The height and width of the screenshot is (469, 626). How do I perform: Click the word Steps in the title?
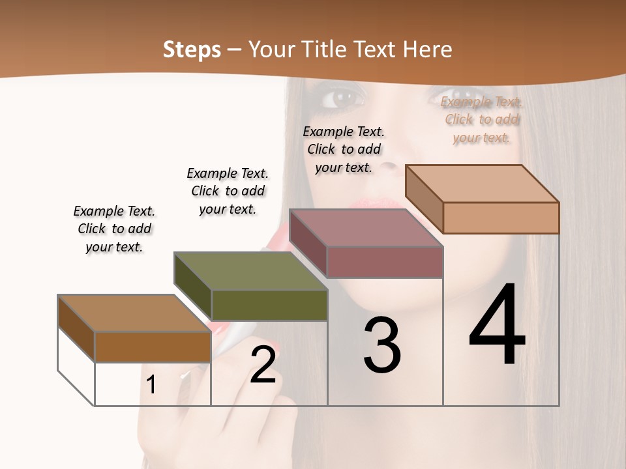tap(192, 50)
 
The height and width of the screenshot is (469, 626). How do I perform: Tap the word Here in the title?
tap(428, 50)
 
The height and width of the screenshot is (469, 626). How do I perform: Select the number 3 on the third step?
tap(381, 345)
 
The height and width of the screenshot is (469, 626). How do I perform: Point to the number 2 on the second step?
tap(263, 365)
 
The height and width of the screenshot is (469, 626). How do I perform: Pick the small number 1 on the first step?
tap(151, 385)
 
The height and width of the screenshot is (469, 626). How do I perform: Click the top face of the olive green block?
tap(251, 271)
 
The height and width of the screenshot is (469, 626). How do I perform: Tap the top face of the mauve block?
tap(366, 228)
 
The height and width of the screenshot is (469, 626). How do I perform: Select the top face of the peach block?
tap(483, 184)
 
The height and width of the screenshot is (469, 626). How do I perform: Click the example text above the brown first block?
tap(114, 229)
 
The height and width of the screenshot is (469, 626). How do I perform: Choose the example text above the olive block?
tap(228, 191)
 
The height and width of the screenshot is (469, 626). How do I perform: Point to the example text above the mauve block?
tap(344, 149)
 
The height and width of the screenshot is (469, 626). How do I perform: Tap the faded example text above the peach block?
tap(482, 119)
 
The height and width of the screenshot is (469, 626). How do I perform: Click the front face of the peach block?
tap(501, 218)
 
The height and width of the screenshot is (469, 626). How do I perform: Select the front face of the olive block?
tap(269, 305)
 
